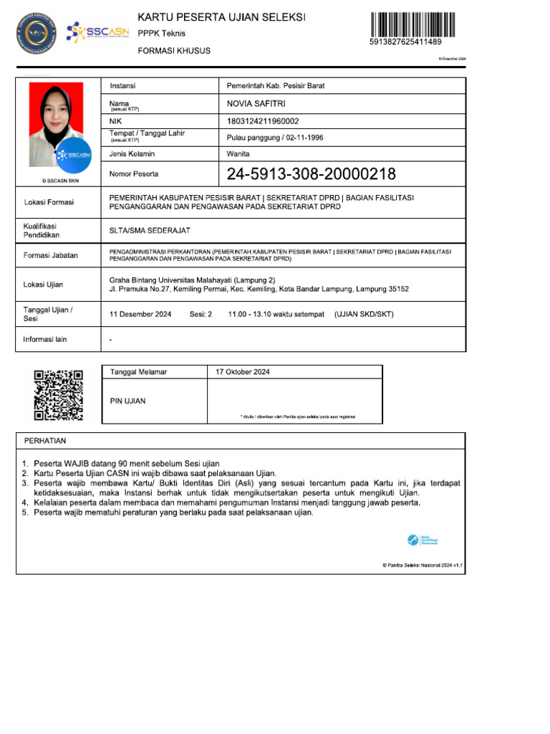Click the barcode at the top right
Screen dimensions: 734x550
(415, 25)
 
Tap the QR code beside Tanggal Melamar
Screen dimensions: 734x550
(59, 395)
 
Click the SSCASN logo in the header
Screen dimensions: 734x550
(97, 32)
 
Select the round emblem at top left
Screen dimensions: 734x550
(36, 32)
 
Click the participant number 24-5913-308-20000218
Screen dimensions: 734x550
(311, 174)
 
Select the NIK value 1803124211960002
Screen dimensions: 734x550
(263, 121)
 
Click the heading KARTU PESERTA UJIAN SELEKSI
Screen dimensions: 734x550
(221, 16)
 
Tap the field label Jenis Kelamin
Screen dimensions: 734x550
(132, 154)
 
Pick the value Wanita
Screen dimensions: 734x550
(238, 154)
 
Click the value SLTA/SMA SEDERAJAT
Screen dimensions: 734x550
(150, 230)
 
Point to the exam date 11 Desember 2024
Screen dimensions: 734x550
(140, 314)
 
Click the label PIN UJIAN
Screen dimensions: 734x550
(127, 401)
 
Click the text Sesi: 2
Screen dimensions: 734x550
(201, 314)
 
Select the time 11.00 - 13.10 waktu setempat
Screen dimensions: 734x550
(276, 314)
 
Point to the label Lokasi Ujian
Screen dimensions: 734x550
(43, 285)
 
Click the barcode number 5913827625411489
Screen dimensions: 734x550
(405, 42)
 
